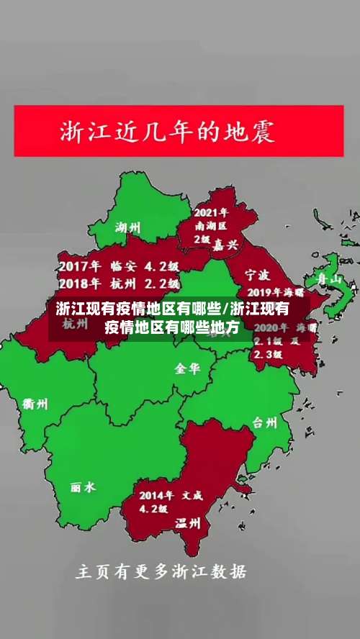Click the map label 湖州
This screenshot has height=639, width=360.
pyautogui.click(x=128, y=228)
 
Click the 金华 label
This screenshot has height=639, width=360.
pyautogui.click(x=187, y=368)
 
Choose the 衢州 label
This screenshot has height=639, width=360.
pyautogui.click(x=35, y=404)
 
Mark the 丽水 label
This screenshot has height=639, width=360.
pyautogui.click(x=83, y=487)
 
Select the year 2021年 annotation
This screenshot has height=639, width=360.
pyautogui.click(x=211, y=213)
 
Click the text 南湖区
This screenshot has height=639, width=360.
pyautogui.click(x=211, y=226)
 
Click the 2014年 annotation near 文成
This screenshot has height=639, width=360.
pyautogui.click(x=157, y=495)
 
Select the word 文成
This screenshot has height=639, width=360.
pyautogui.click(x=192, y=495)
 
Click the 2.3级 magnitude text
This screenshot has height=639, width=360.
pyautogui.click(x=268, y=353)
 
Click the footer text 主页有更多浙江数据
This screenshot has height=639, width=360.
pyautogui.click(x=161, y=572)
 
